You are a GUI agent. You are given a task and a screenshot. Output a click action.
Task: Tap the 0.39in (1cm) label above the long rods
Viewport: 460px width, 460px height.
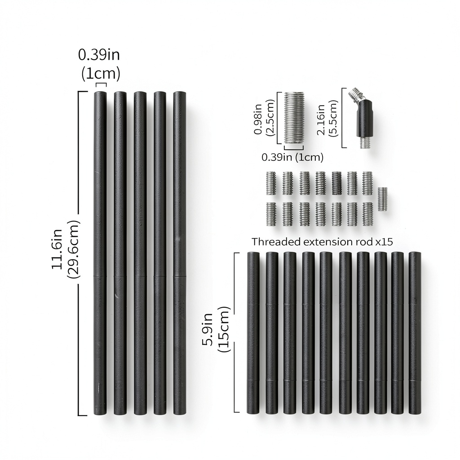(99, 64)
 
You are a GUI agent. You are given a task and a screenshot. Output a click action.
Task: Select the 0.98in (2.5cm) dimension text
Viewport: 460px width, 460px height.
(264, 117)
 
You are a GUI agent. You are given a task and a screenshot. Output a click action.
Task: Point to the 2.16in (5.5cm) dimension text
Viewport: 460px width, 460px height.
(327, 118)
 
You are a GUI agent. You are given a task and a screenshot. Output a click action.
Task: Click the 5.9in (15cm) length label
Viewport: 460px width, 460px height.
(216, 329)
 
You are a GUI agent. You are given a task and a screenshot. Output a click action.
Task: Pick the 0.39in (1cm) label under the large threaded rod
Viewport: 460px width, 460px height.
(292, 157)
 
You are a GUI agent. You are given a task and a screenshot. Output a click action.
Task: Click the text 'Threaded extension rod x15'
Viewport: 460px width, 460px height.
(322, 242)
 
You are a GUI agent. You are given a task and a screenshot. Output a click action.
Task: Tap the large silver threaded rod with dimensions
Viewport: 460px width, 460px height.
(295, 117)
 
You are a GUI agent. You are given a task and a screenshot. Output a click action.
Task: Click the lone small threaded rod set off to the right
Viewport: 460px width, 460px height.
(382, 199)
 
